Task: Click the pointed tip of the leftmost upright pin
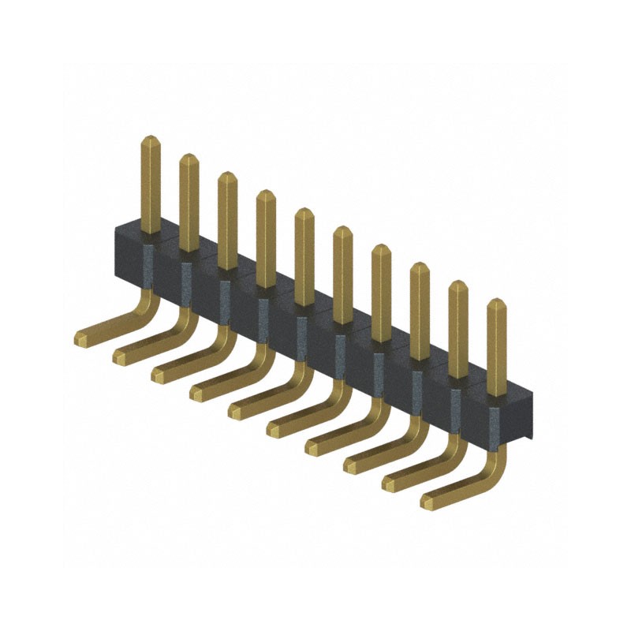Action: coord(150,140)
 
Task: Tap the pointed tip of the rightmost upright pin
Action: coord(495,302)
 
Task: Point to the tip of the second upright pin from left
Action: coord(189,158)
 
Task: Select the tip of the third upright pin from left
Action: coord(227,176)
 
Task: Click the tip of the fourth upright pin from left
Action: coord(266,194)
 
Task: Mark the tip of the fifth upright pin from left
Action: coord(304,212)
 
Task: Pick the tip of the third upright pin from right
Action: coord(419,266)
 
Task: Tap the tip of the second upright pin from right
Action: coord(457,284)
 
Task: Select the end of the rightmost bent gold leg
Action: coord(428,502)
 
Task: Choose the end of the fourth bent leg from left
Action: coord(196,394)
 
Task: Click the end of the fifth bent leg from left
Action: coord(235,412)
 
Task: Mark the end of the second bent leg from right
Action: coord(390,484)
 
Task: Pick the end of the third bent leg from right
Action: coord(351,465)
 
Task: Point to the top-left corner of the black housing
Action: coord(116,226)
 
